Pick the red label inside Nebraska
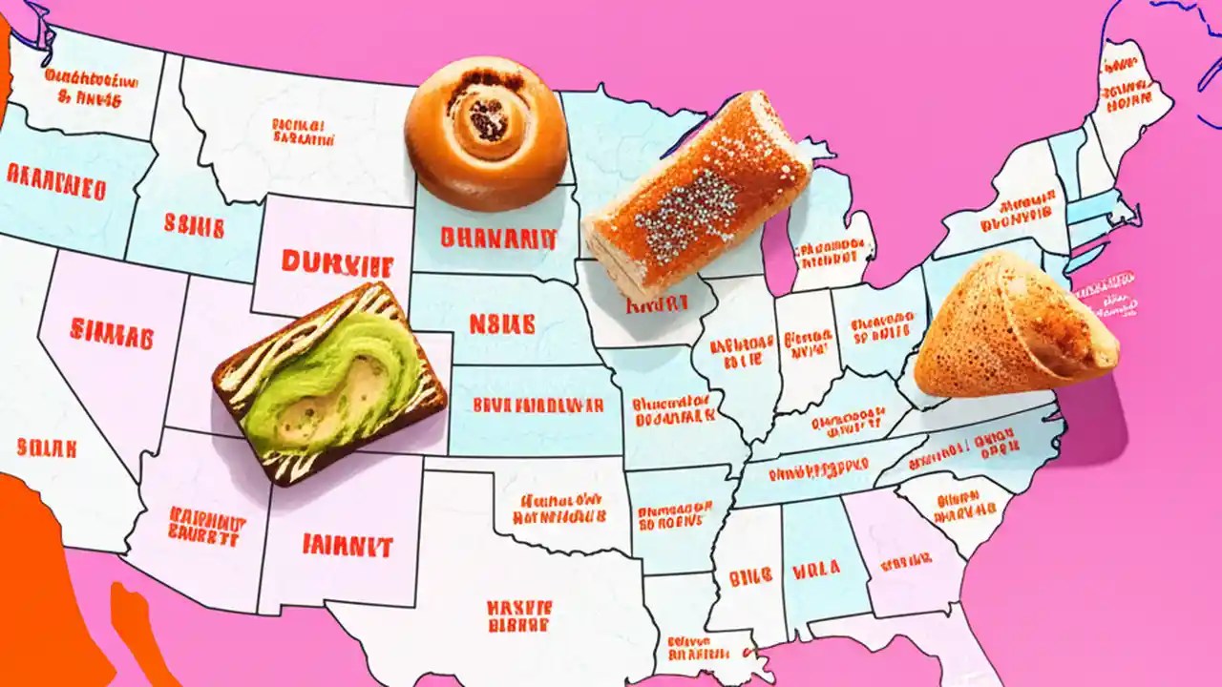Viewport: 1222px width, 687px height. click(x=501, y=323)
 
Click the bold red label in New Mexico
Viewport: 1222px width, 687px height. click(x=348, y=545)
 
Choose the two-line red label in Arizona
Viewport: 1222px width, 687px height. click(x=206, y=526)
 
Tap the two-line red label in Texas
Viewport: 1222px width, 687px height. click(x=518, y=615)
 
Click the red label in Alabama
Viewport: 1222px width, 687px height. click(x=816, y=570)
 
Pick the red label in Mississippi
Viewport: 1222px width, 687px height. click(x=750, y=577)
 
